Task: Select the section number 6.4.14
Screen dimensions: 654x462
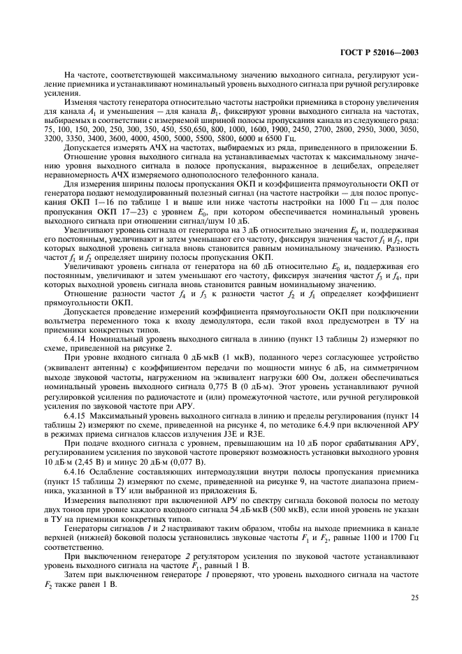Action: coord(75,338)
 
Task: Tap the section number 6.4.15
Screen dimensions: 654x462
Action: coord(75,416)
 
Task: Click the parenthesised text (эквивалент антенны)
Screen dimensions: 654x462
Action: coord(81,368)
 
